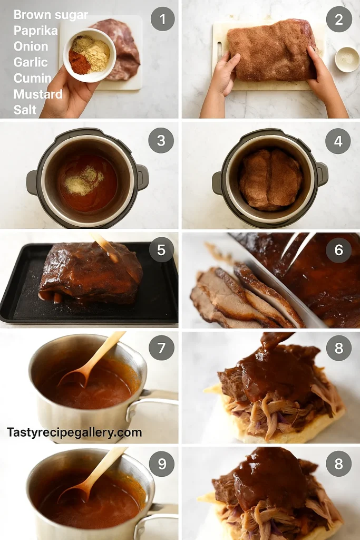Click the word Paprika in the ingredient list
(35, 31)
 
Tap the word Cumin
(32, 79)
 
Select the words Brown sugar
(51, 15)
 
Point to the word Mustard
(38, 94)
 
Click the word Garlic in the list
(31, 62)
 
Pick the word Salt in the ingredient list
(25, 110)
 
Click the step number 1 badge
(162, 20)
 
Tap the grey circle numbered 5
(161, 250)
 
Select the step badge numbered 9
(161, 464)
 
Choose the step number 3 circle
(161, 141)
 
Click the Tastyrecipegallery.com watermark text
(74, 432)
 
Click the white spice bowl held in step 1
(90, 55)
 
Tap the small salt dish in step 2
(347, 59)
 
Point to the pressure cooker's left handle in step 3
(33, 182)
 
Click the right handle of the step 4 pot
(322, 173)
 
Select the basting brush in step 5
(108, 248)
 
